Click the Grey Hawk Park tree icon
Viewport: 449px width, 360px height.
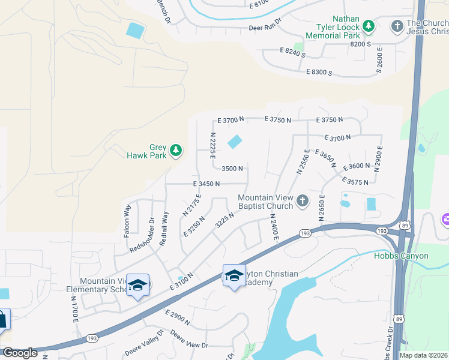(176, 149)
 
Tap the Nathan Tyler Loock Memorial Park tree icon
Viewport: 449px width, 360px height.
(369, 26)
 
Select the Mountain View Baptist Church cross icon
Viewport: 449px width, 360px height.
(303, 201)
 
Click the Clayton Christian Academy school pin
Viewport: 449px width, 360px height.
(234, 275)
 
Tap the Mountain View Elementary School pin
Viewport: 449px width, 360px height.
(137, 284)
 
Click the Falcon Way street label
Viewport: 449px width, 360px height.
(127, 221)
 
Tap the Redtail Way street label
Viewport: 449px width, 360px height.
(163, 227)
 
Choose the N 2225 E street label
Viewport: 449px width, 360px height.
(212, 146)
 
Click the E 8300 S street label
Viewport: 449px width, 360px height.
(319, 72)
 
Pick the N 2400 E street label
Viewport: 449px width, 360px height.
(274, 228)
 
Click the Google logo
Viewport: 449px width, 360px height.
(19, 353)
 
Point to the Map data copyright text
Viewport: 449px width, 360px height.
(423, 355)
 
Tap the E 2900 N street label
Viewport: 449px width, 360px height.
(176, 317)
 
